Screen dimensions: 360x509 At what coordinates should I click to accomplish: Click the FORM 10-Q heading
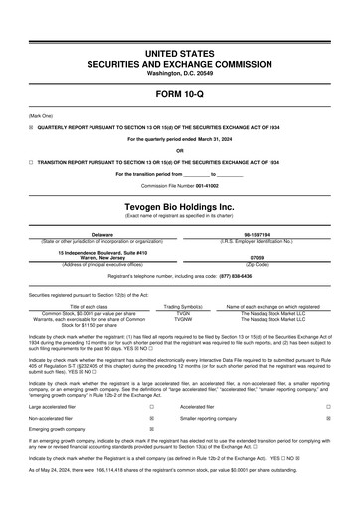click(x=179, y=95)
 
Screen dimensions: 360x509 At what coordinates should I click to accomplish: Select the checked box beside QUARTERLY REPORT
click(x=31, y=127)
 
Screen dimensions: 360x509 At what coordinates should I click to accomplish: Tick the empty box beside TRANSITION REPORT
click(x=31, y=159)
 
